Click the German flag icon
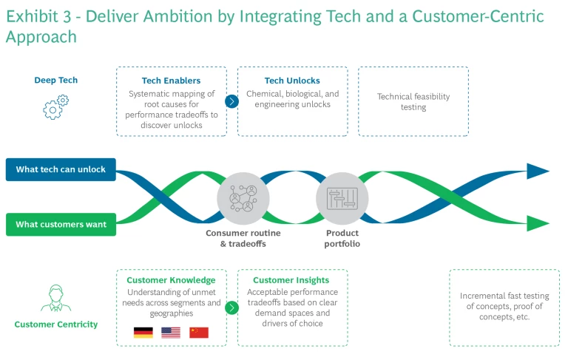click(x=143, y=333)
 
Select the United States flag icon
click(x=171, y=333)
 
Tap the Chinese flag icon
click(x=199, y=333)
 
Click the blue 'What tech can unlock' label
click(x=61, y=169)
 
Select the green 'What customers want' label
click(x=61, y=224)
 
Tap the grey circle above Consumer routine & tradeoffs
click(x=243, y=197)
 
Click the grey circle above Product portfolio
click(x=342, y=197)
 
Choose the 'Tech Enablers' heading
click(x=171, y=81)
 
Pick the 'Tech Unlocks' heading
click(x=292, y=81)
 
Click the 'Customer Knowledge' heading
click(x=171, y=280)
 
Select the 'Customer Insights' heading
click(x=291, y=280)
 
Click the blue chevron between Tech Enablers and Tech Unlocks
click(x=231, y=101)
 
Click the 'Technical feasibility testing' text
click(x=413, y=102)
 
